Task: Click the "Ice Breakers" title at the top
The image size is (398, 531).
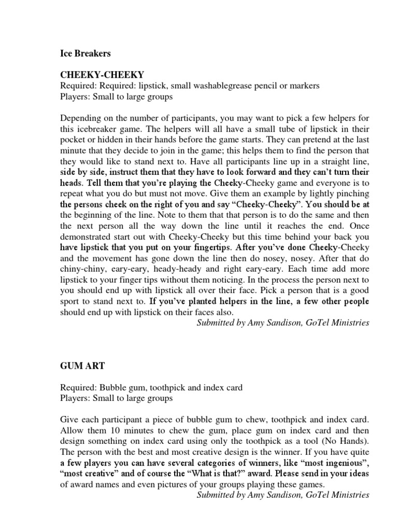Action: click(85, 53)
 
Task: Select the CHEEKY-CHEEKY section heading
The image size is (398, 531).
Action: click(102, 75)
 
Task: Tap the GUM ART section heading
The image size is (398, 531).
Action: click(82, 366)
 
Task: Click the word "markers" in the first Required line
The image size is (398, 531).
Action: click(305, 86)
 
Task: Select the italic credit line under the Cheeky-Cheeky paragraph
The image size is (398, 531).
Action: click(283, 323)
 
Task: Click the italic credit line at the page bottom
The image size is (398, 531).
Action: click(283, 495)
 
